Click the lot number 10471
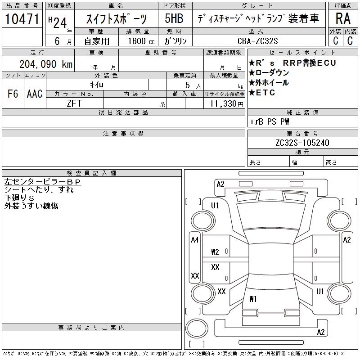(22, 19)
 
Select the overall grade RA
(343, 18)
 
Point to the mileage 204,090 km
(46, 64)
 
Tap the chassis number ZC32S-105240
(302, 143)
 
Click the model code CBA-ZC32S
(257, 41)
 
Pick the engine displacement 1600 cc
(141, 41)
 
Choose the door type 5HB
(174, 18)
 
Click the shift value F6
(13, 94)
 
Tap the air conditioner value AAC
(35, 94)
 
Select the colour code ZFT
(74, 103)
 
